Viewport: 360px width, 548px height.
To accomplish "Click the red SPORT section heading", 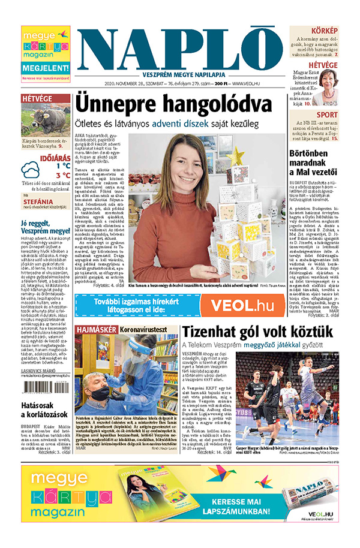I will pyautogui.click(x=326, y=115).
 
